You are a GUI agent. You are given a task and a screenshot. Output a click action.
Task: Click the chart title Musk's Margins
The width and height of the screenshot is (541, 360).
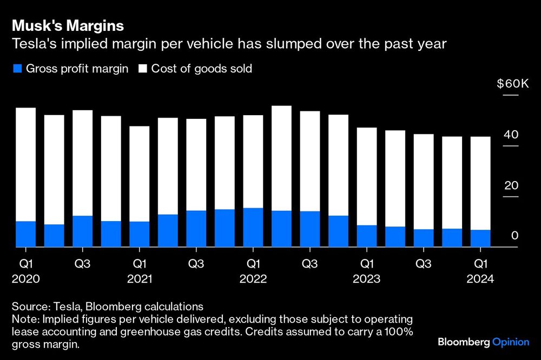pos(68,25)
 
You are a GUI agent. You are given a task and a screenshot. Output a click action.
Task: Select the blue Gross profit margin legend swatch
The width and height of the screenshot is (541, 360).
pos(16,69)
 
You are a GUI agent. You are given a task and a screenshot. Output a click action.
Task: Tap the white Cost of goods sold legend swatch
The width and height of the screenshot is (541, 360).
pos(143,69)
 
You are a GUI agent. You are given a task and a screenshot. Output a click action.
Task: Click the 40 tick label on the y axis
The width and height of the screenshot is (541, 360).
pos(511,135)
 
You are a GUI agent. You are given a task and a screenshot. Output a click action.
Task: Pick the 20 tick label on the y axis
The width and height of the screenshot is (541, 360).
pos(511,185)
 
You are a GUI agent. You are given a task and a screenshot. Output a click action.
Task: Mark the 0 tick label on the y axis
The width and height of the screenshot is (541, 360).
pos(515,236)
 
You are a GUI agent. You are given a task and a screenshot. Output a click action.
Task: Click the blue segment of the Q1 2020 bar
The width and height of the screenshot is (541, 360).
pos(25,234)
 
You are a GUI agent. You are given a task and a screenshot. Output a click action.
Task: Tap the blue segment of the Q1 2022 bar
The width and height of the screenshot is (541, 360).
pos(253,227)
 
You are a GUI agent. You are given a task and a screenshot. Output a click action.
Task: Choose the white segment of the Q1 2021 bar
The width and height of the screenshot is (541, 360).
pos(139,174)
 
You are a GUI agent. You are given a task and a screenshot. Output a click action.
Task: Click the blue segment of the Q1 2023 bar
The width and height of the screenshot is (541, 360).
pos(366,236)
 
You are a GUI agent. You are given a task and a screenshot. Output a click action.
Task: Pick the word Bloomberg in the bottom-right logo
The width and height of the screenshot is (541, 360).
pos(463,342)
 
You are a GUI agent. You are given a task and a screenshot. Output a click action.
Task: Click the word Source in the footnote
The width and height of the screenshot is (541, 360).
pos(25,306)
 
